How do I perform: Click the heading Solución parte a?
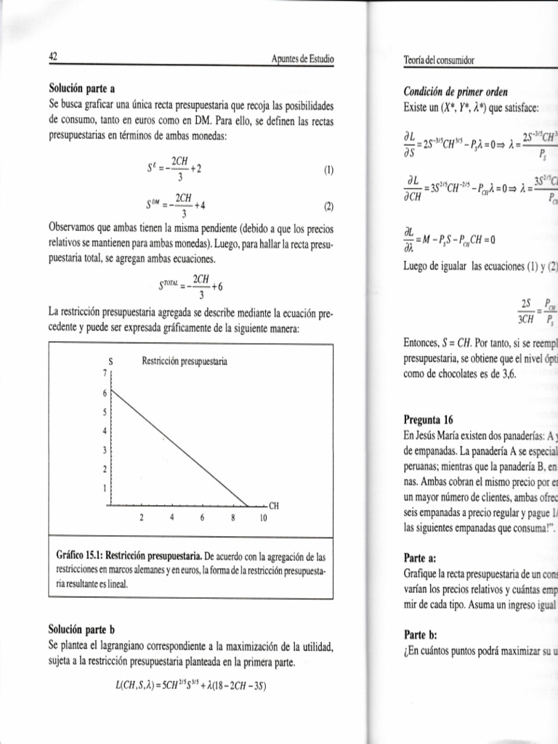[x=82, y=91]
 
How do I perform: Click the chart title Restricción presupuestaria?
[x=185, y=361]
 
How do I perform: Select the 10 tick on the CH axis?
[x=263, y=519]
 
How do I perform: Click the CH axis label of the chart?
[x=274, y=506]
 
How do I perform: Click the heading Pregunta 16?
[x=428, y=419]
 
